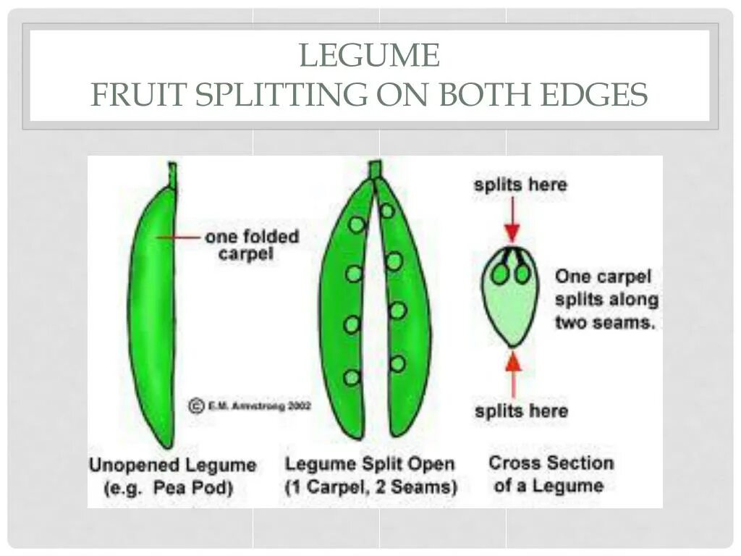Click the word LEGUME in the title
click(x=369, y=56)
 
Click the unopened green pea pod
click(x=154, y=311)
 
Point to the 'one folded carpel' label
click(x=250, y=245)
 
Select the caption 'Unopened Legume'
click(x=172, y=465)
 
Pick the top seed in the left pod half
click(x=356, y=224)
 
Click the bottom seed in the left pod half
click(x=352, y=377)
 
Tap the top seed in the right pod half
click(x=387, y=211)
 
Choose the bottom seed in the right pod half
click(x=397, y=363)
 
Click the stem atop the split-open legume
click(x=374, y=169)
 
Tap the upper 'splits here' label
click(x=520, y=185)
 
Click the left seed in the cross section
click(x=500, y=274)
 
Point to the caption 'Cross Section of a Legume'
click(x=550, y=473)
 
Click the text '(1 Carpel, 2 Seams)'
click(x=370, y=487)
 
